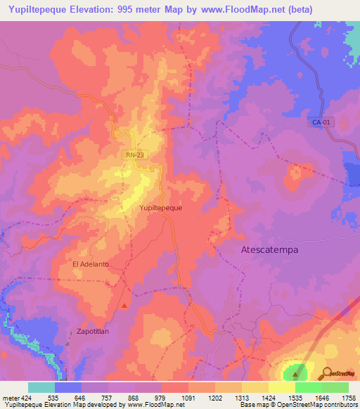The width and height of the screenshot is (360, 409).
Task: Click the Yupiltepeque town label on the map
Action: pos(161,208)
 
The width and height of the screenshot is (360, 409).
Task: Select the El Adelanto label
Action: pos(91,264)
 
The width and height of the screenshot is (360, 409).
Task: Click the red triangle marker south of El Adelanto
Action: pos(124,305)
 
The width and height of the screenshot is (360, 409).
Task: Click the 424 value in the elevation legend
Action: pos(28,397)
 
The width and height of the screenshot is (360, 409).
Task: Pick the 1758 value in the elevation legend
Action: pos(348,397)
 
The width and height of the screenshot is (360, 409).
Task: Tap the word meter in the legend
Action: pos(10,397)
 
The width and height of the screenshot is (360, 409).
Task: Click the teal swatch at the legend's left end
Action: pos(41,387)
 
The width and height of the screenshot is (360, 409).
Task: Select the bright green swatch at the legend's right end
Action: pos(335,387)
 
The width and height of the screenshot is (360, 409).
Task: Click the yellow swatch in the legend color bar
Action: pos(281,387)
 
